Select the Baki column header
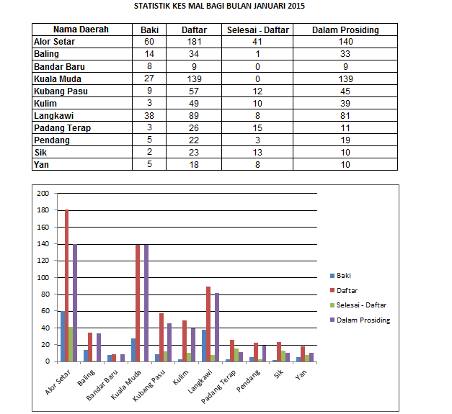(x=150, y=30)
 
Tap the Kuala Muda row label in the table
(x=58, y=79)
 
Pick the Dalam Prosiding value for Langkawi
(x=345, y=116)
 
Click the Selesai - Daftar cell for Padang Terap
(x=257, y=128)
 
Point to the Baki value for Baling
(x=150, y=54)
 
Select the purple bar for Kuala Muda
(x=146, y=302)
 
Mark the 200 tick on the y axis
(x=43, y=194)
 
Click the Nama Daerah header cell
(x=81, y=30)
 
